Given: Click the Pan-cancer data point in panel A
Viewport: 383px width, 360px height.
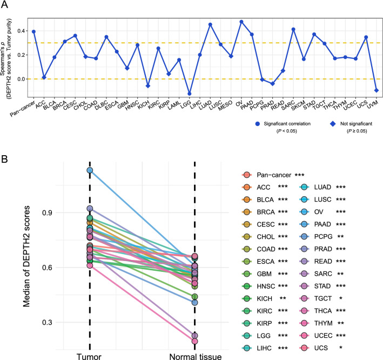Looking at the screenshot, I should pos(33,31).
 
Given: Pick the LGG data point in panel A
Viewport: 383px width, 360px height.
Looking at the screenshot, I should pos(189,94).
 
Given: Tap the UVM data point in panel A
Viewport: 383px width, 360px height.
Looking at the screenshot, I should pos(375,90).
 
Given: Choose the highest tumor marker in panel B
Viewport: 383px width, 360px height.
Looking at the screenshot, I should pos(90,171).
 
